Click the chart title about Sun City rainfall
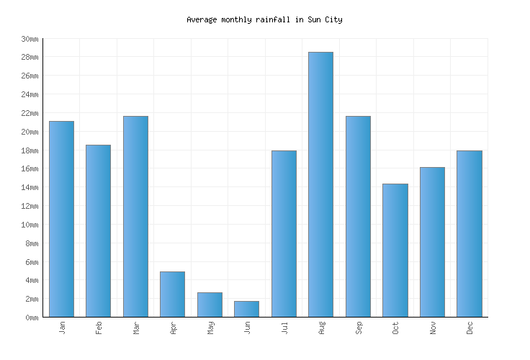(264, 19)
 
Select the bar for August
(320, 184)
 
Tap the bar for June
(246, 309)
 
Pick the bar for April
(172, 294)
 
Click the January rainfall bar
(61, 219)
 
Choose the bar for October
(395, 250)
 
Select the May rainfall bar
(210, 305)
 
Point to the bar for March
(135, 216)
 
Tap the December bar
(469, 233)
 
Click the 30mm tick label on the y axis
(30, 39)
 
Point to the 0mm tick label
(32, 318)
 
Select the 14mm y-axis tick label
(30, 187)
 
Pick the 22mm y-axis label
(30, 113)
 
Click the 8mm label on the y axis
(32, 243)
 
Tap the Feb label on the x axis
(99, 328)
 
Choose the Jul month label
(284, 328)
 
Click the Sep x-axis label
(359, 328)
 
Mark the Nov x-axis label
(433, 328)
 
